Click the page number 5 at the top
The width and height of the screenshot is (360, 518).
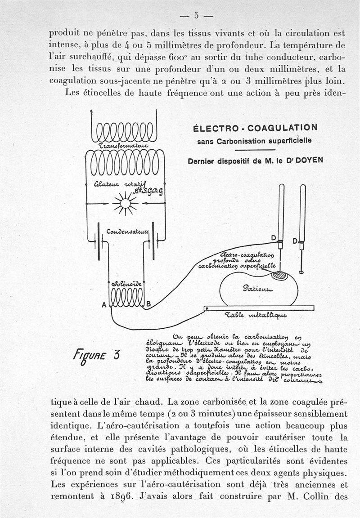(x=196, y=15)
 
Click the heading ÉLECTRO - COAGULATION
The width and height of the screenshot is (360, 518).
(x=255, y=128)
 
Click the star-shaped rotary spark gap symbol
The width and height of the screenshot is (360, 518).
(x=125, y=204)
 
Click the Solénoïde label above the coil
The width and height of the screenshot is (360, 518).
(x=126, y=284)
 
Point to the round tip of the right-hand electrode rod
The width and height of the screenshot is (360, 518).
(x=301, y=272)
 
